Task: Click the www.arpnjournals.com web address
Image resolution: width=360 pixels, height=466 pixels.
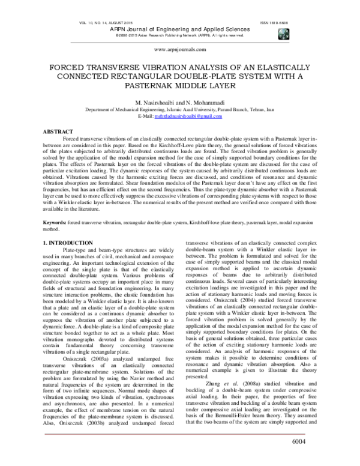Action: (x=179, y=51)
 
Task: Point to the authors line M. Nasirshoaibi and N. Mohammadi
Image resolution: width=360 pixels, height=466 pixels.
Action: (x=179, y=104)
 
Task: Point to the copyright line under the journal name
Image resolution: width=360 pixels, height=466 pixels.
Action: (x=179, y=35)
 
